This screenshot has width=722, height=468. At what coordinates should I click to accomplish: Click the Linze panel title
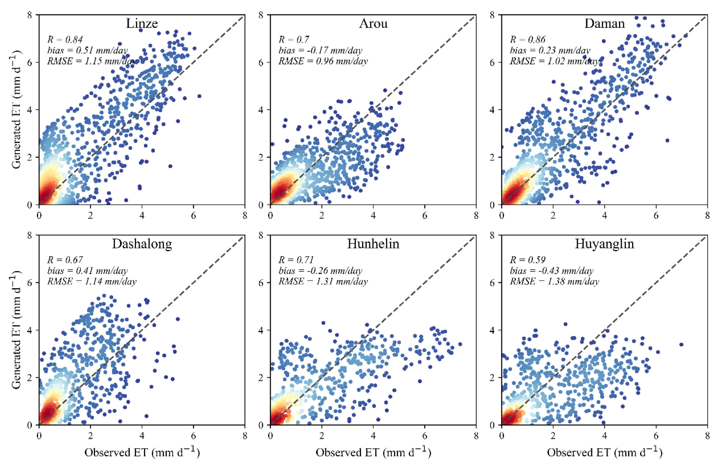[142, 23]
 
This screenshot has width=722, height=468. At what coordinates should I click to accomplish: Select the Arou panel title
[373, 23]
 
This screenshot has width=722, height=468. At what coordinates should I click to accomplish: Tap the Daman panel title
[604, 23]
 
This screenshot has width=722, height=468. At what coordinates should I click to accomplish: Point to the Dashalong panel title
[142, 244]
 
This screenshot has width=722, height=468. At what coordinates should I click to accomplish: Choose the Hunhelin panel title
[373, 244]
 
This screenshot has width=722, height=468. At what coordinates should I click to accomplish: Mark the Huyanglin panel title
[604, 244]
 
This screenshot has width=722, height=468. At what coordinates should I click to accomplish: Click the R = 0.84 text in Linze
[65, 39]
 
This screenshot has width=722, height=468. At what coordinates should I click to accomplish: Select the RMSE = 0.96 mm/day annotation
[323, 61]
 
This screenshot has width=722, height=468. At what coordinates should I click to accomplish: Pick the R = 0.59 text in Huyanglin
[527, 260]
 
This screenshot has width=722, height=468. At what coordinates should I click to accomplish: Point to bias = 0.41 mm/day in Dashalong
[87, 271]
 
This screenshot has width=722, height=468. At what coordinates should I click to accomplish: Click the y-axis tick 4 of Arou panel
[261, 110]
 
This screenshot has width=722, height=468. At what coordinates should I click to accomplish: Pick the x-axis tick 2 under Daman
[553, 216]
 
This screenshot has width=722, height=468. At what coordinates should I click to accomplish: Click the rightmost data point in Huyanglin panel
[681, 345]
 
